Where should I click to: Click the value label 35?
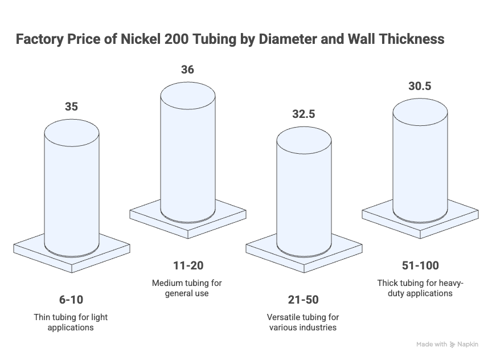click(x=71, y=107)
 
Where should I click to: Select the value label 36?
click(x=187, y=70)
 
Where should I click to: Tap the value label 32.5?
click(x=304, y=114)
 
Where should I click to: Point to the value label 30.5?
click(x=420, y=86)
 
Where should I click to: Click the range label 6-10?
click(x=71, y=300)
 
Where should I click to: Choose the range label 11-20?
click(x=187, y=265)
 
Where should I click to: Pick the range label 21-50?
click(x=304, y=300)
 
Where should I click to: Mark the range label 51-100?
click(x=420, y=265)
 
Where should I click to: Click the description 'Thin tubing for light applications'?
click(x=71, y=322)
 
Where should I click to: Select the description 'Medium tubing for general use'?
click(x=187, y=288)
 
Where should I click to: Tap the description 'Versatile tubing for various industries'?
click(x=304, y=322)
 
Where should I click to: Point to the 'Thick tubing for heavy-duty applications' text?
click(x=420, y=288)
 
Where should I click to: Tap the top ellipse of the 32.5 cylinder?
click(x=304, y=138)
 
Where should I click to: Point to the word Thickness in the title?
click(x=414, y=40)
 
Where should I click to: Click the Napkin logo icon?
click(x=452, y=345)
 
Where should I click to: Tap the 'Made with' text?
click(x=432, y=345)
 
